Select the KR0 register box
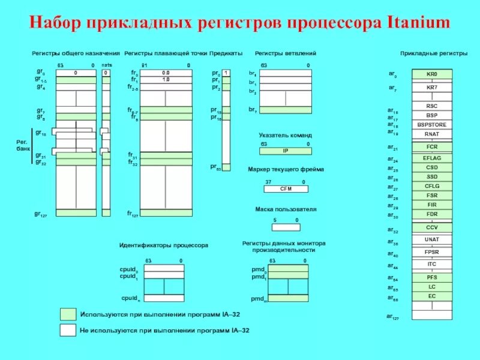431,74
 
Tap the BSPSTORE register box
431,125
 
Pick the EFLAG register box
431,158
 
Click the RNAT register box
431,134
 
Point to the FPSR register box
431,252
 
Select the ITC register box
431,264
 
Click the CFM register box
286,188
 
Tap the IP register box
286,151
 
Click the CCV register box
431,227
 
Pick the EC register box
431,296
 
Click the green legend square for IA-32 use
68,314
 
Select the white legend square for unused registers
68,329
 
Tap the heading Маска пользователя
286,209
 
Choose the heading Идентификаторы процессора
163,245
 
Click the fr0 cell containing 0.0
166,73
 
